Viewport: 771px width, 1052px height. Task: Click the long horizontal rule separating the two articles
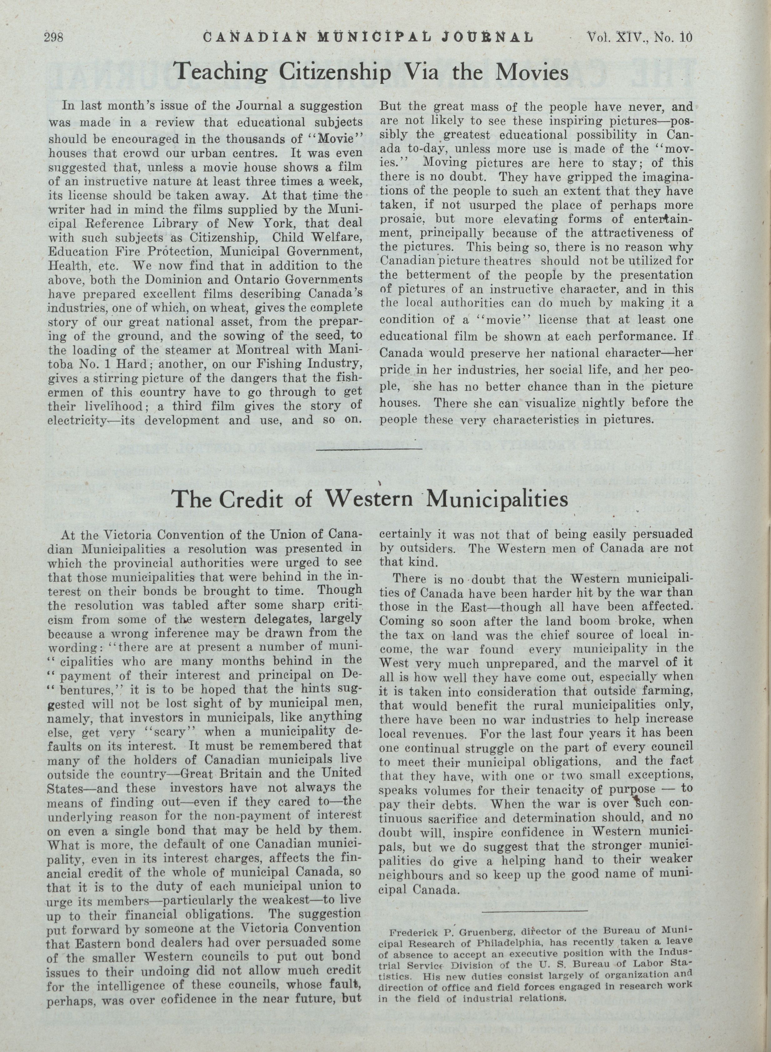click(x=369, y=449)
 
